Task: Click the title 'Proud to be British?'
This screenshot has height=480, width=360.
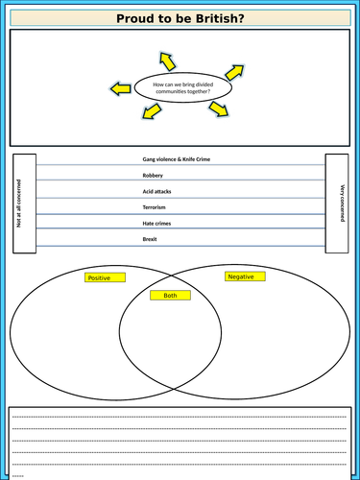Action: (x=180, y=18)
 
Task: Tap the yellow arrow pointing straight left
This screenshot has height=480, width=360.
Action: (x=120, y=89)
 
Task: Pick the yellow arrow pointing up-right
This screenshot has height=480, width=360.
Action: (x=233, y=71)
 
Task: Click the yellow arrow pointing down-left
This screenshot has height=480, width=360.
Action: (x=151, y=111)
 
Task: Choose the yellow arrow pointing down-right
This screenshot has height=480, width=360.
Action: (x=219, y=108)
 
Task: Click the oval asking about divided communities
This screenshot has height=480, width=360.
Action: (x=182, y=90)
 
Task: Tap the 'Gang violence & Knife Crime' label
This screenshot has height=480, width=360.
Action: (x=180, y=160)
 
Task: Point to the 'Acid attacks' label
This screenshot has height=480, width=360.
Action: (x=159, y=193)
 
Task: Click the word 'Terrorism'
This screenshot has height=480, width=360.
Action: (x=157, y=208)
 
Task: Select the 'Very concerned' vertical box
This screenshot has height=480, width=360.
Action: (x=336, y=203)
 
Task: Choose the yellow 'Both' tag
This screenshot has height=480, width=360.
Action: (x=170, y=296)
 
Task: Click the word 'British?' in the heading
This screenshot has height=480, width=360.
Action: (x=217, y=18)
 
